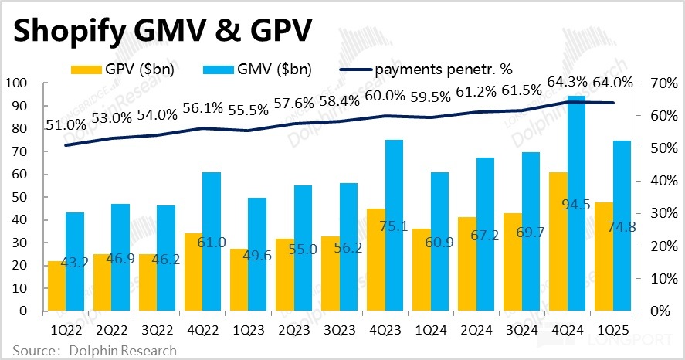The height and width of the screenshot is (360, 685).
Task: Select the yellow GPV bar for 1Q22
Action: pos(56,286)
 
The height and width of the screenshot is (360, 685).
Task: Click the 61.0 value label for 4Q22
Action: pos(211,243)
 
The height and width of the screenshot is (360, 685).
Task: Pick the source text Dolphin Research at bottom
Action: pos(123,351)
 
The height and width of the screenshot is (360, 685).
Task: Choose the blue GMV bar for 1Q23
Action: pos(257,254)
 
